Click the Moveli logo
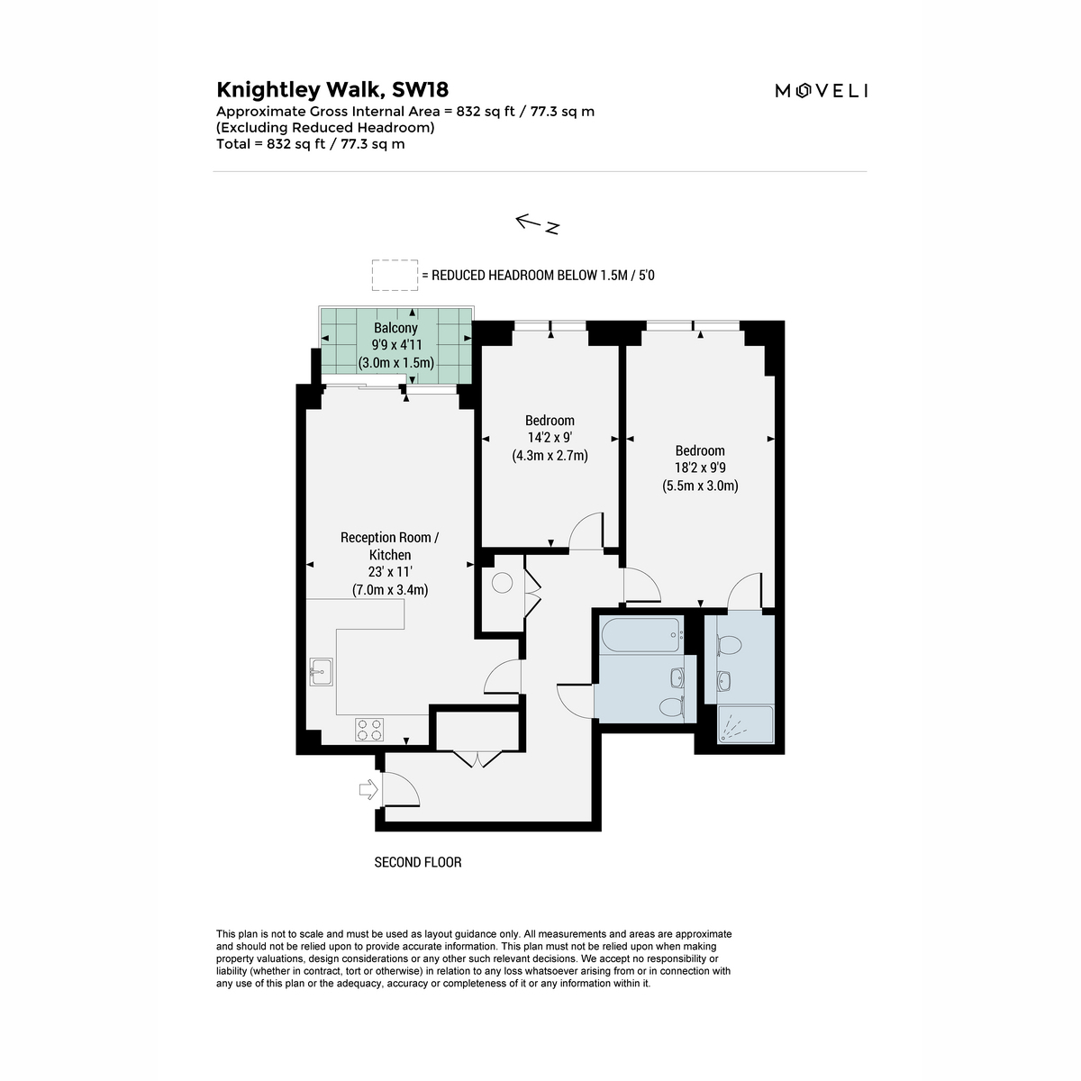coord(822,90)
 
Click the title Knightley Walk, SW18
coord(332,90)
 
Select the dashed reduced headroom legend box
coord(395,275)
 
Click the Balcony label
coord(396,328)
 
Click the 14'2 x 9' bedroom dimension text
coord(550,438)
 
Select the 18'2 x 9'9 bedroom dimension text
coord(700,468)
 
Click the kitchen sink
coord(321,672)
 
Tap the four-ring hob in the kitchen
coord(369,730)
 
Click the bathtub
coord(642,634)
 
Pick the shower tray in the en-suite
coord(745,724)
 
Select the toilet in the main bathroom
coord(671,706)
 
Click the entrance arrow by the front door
coord(368,789)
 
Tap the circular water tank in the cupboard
coord(502,582)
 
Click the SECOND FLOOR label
coord(418,862)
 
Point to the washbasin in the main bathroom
coord(677,678)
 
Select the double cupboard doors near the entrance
coord(477,759)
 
